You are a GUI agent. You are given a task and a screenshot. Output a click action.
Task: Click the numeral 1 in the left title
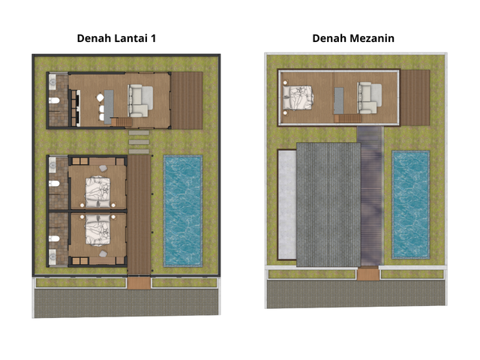pos(152,38)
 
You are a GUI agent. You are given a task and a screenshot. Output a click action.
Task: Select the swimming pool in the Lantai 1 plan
pos(183,211)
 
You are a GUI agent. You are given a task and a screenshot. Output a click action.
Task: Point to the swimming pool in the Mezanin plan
pos(411,205)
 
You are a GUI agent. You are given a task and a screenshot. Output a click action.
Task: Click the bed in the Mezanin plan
pos(298,97)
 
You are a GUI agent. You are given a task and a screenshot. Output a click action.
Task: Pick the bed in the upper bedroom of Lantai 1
pos(97,192)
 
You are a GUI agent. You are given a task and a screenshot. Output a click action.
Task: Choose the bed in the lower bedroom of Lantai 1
pos(97,230)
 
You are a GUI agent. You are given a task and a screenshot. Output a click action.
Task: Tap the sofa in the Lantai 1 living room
pos(140,100)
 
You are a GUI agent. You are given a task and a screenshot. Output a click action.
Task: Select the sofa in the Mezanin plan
pos(370,97)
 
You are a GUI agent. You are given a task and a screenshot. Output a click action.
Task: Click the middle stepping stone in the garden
pos(139,142)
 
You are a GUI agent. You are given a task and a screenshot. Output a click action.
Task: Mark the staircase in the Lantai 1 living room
pos(121,122)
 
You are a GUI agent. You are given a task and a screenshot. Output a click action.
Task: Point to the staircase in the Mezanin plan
pos(348,118)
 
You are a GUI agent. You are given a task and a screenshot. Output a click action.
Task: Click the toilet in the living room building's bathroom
pos(55,100)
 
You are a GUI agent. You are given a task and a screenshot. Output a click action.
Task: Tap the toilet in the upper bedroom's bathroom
pos(54,184)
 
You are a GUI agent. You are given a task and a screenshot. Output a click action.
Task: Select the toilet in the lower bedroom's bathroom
pos(54,238)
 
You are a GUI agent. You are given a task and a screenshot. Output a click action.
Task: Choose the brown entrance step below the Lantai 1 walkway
pos(139,283)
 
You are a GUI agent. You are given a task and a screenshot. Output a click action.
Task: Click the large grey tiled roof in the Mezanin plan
pos(328,205)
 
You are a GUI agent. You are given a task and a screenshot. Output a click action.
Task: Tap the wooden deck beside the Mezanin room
pos(415,97)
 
